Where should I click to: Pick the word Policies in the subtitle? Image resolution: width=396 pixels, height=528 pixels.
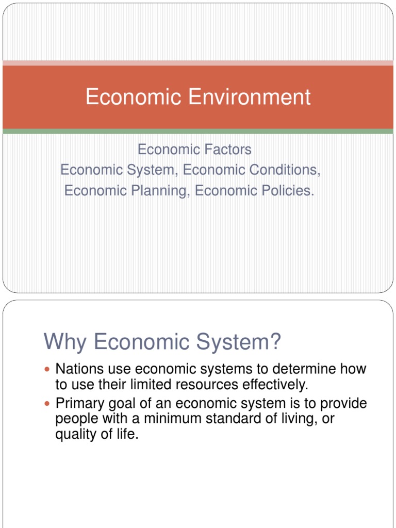pyautogui.click(x=288, y=190)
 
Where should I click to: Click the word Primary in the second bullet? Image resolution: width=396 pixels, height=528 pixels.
pyautogui.click(x=81, y=403)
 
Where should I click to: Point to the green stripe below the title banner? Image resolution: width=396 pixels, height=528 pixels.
pyautogui.click(x=198, y=131)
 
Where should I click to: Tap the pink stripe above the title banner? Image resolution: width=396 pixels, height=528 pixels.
pyautogui.click(x=198, y=63)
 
